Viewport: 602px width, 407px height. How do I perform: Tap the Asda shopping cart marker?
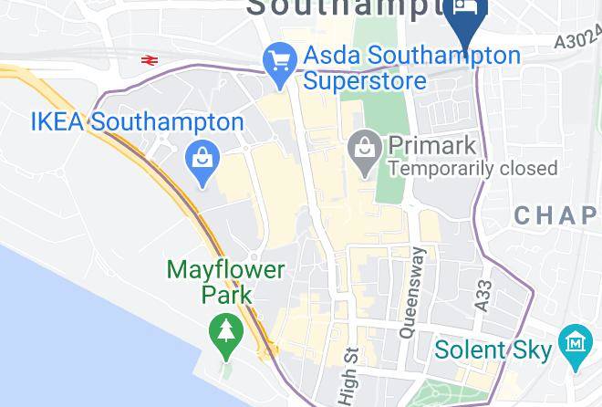coord(277,61)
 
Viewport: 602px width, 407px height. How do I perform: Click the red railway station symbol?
coord(150,60)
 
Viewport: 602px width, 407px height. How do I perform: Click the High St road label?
coord(348,374)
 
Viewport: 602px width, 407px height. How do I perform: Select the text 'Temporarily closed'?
coord(472,168)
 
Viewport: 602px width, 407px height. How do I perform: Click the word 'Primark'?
coord(432,145)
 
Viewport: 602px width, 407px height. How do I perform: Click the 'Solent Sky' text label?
coord(493,350)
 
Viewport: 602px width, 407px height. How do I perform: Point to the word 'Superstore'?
coord(365,81)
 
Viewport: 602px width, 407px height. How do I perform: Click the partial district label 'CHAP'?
coord(556,215)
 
